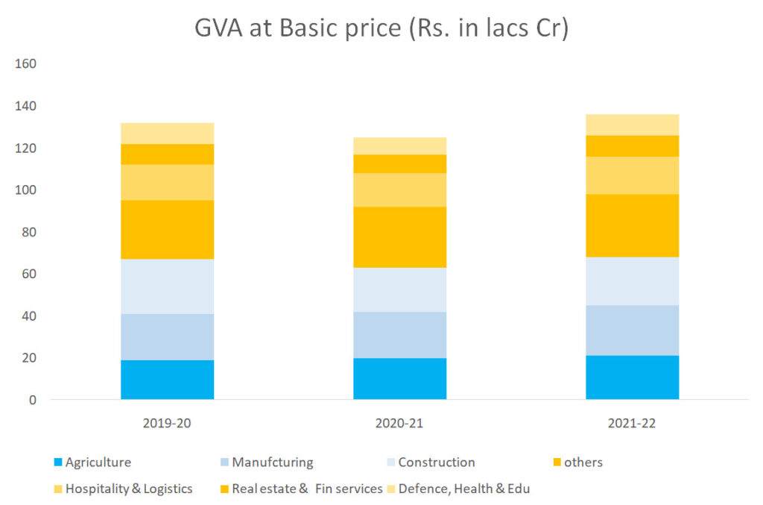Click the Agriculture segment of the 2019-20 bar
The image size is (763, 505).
[x=167, y=380]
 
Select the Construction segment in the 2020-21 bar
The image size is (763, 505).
[x=399, y=289]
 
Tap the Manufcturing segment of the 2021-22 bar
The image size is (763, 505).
[x=632, y=330]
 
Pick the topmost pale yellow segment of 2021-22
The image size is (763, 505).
[x=632, y=125]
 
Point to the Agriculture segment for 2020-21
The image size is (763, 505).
[x=399, y=378]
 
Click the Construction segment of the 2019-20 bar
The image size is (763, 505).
[x=167, y=286]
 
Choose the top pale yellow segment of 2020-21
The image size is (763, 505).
[x=399, y=145]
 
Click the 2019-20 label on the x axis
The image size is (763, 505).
[x=167, y=422]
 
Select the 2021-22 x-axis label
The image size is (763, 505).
[x=632, y=422]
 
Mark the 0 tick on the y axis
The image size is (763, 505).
[x=32, y=400]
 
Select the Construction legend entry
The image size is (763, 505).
[x=436, y=462]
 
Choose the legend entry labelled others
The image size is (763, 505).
[x=583, y=462]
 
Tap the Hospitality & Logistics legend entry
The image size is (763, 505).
[x=128, y=489]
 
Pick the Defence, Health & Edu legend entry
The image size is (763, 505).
[x=463, y=489]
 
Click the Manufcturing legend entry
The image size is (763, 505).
[x=272, y=462]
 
